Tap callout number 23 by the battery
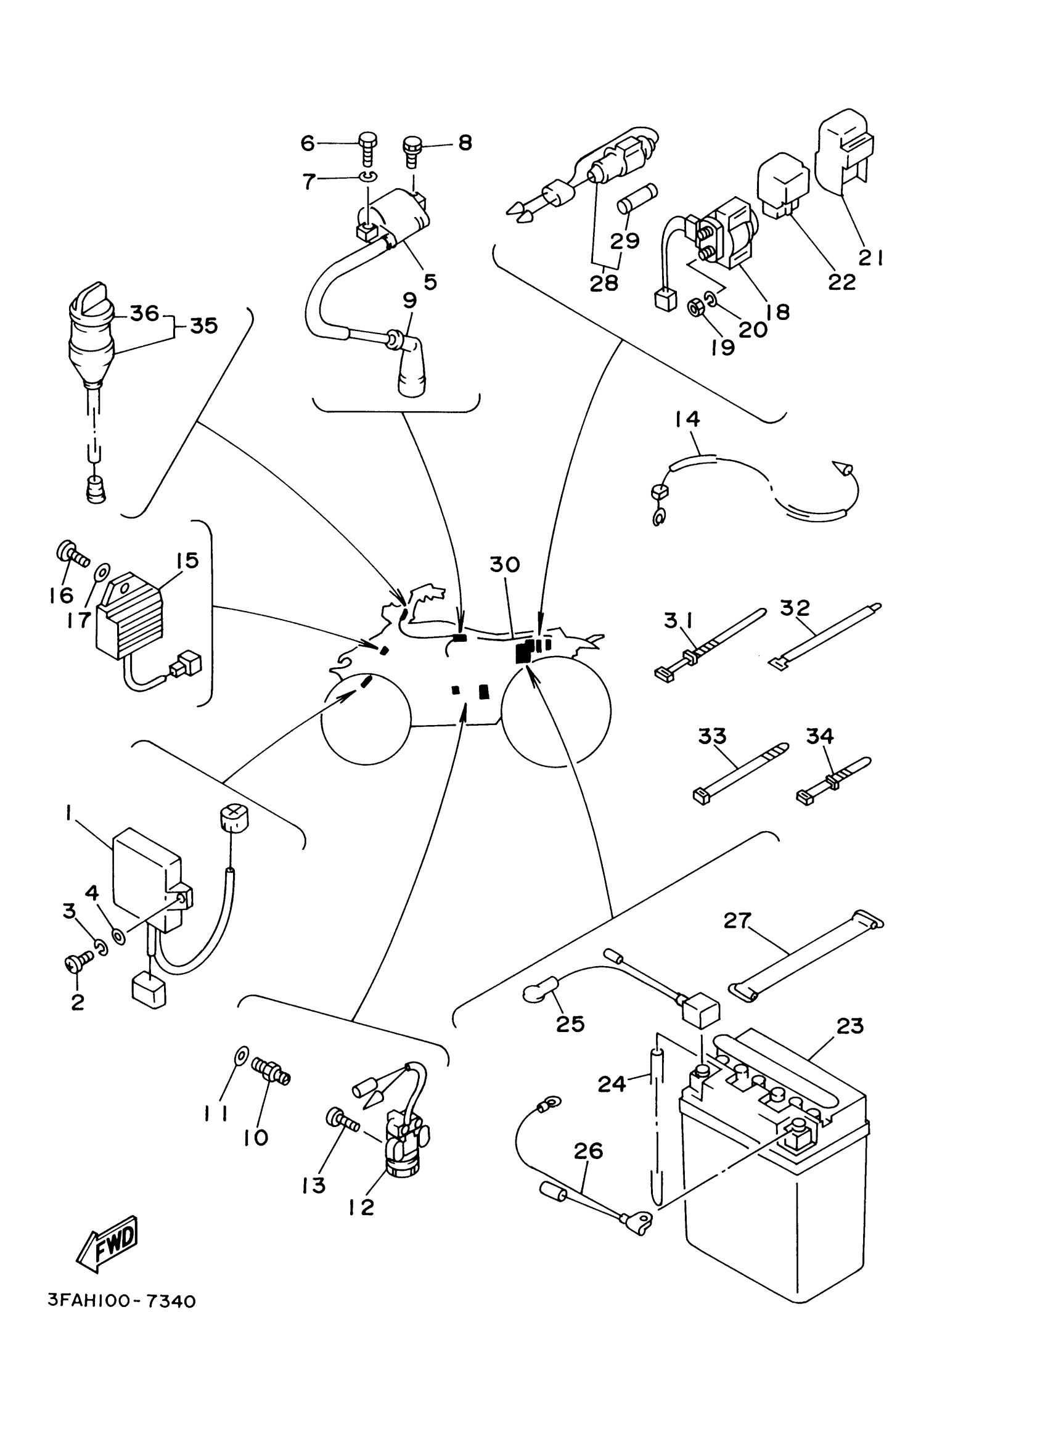849,1026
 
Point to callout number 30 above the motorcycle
504,565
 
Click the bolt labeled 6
369,148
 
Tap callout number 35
204,326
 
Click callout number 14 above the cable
687,419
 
